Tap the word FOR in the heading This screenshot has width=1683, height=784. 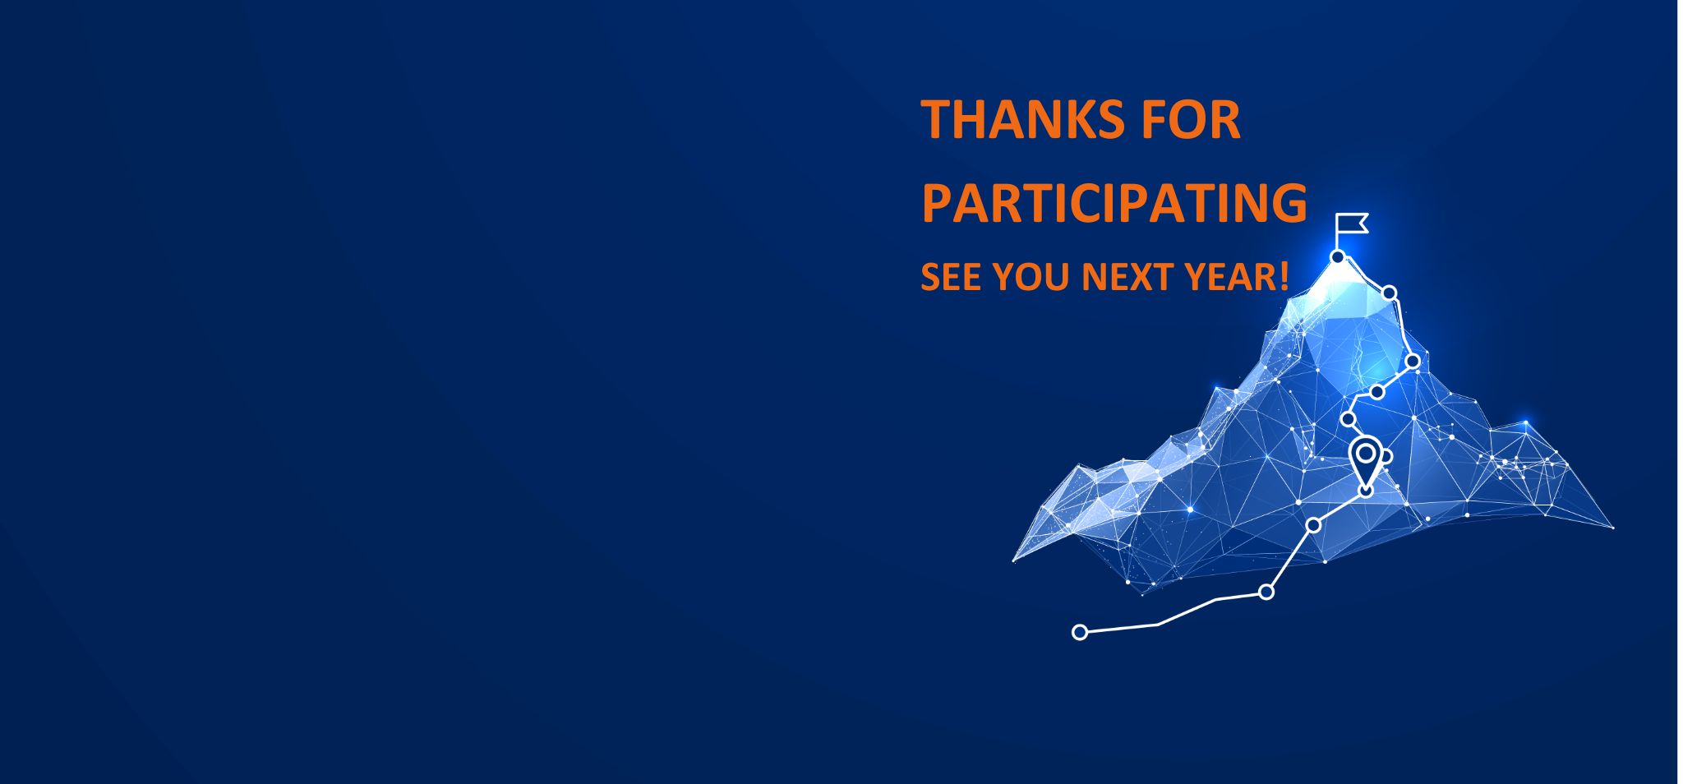click(x=1189, y=120)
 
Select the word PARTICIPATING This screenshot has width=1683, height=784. click(x=1114, y=202)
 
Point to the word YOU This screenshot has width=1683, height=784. click(x=1031, y=277)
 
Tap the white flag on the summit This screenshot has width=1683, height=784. click(x=1352, y=223)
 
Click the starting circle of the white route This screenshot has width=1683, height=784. click(x=1080, y=632)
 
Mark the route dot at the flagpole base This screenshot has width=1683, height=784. click(x=1337, y=257)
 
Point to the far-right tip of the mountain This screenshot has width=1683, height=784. click(x=1613, y=528)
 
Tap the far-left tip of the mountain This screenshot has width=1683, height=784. click(x=1013, y=561)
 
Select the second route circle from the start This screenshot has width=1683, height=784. click(x=1266, y=592)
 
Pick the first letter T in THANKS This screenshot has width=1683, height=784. click(x=936, y=120)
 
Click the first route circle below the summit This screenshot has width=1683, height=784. click(x=1390, y=293)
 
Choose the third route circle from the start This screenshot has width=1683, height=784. click(x=1313, y=525)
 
